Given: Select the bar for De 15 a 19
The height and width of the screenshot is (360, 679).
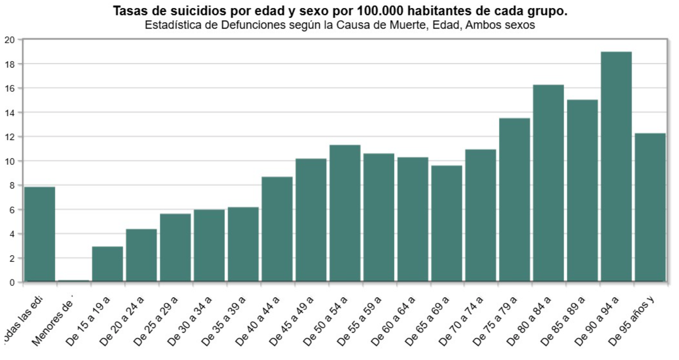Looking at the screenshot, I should (108, 264).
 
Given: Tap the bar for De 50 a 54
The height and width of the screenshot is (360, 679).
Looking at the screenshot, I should (345, 213).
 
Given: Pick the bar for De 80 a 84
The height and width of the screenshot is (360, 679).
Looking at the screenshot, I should (548, 183).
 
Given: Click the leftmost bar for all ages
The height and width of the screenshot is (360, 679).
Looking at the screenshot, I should (40, 234).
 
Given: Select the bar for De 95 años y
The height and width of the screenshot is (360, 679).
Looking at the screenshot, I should (650, 207).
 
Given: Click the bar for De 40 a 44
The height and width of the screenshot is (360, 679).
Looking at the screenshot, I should (277, 229).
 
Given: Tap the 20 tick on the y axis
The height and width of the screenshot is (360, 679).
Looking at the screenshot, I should (10, 40).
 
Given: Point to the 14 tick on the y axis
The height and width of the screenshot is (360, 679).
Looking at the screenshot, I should (10, 112).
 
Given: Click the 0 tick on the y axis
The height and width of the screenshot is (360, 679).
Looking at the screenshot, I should (12, 283).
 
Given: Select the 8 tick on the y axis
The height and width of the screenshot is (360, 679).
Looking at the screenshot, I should (12, 185).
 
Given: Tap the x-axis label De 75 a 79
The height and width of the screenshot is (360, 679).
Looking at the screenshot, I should (495, 321).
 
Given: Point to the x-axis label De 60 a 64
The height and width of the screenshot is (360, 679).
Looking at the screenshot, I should (393, 321).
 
